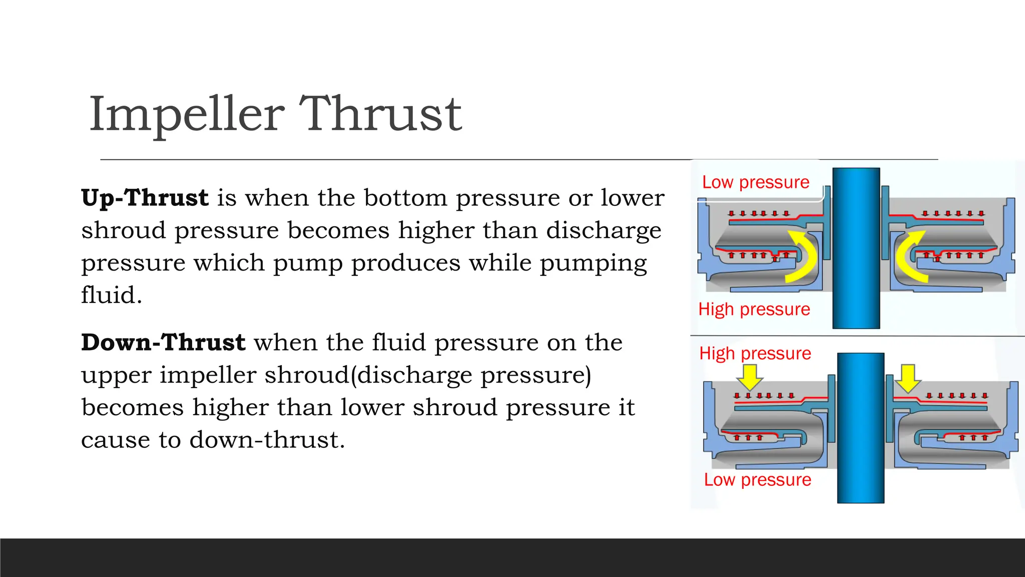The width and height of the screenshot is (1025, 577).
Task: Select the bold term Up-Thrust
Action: click(x=145, y=198)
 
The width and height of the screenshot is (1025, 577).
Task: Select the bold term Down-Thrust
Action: click(x=163, y=343)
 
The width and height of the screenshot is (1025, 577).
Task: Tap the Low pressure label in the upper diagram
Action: click(x=755, y=182)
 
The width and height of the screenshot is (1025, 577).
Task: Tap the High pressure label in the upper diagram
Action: click(x=754, y=310)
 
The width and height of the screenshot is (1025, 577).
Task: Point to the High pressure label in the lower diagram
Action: click(x=755, y=354)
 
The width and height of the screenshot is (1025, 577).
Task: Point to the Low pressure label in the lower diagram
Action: click(x=757, y=480)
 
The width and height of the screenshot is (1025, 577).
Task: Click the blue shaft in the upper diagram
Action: click(x=856, y=248)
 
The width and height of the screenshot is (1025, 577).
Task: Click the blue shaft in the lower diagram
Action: click(x=860, y=428)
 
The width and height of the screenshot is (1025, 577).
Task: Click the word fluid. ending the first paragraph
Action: click(x=112, y=295)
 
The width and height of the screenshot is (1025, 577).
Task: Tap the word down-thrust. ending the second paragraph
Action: click(x=267, y=440)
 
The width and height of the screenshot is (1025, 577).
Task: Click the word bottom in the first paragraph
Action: click(x=405, y=198)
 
